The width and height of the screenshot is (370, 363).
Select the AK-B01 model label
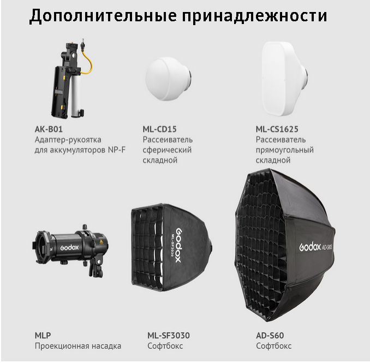(x=49, y=129)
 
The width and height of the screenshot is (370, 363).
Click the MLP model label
(x=43, y=335)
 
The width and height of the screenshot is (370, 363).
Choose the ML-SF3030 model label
(x=169, y=335)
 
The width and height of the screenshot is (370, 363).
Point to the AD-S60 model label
(x=270, y=335)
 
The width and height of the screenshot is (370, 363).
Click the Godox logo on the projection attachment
(x=70, y=247)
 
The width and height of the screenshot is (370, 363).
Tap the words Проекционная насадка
(x=77, y=346)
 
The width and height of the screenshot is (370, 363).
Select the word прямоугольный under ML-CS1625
(x=284, y=150)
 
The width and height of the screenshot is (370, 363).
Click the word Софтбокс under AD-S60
(x=274, y=346)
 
